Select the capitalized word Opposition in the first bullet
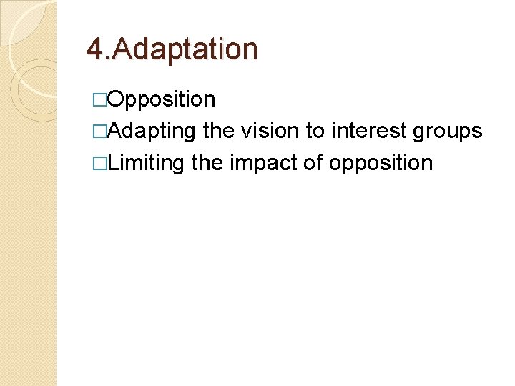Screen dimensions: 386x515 162,99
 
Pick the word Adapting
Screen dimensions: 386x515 153,132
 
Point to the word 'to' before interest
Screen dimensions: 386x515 315,131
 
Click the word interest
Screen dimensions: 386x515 365,131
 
